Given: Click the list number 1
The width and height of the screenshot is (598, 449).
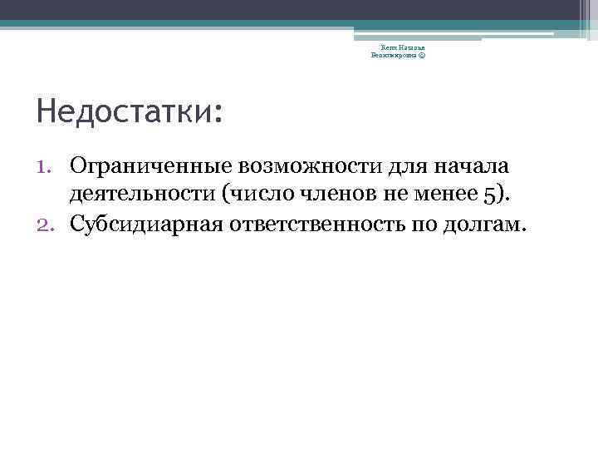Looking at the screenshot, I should point(47,165).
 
